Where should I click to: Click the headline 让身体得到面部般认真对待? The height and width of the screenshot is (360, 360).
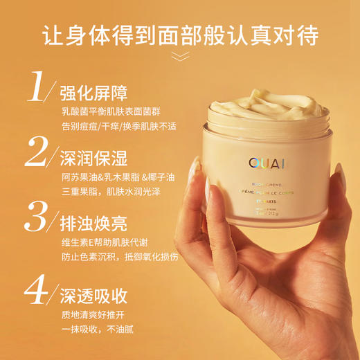pyautogui.click(x=180, y=35)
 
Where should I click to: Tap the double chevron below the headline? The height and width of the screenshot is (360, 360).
pyautogui.click(x=180, y=57)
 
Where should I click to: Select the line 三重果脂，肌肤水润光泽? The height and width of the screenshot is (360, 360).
pyautogui.click(x=111, y=191)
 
